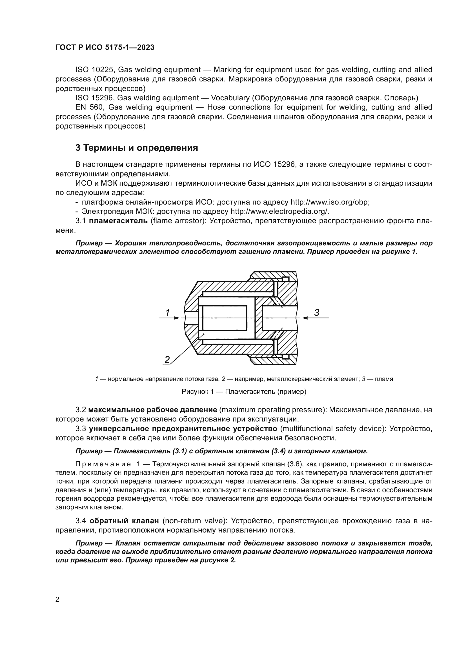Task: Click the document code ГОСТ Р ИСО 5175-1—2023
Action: (105, 47)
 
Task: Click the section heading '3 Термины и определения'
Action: (137, 148)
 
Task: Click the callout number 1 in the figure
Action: (168, 312)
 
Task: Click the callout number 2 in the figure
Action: (167, 359)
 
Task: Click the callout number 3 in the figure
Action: (316, 312)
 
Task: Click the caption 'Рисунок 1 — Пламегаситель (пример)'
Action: (244, 392)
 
